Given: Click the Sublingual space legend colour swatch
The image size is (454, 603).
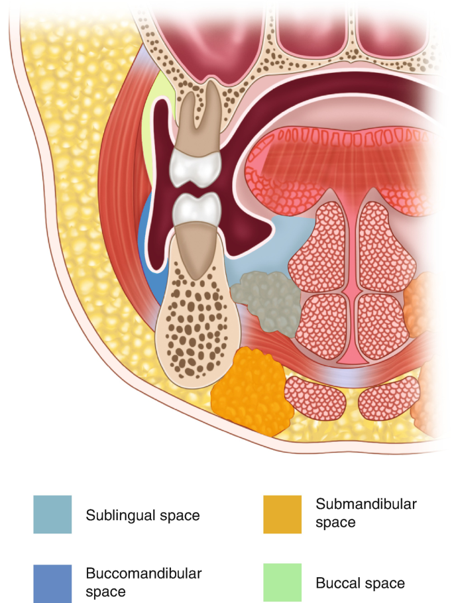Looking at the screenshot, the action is click(52, 514).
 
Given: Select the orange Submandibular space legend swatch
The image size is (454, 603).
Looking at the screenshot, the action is click(282, 514).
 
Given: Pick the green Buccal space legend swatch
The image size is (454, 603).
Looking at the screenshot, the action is click(282, 582).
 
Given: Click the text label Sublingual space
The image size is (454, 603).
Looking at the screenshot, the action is click(142, 515).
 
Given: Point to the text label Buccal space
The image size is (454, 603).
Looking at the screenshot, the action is click(360, 584).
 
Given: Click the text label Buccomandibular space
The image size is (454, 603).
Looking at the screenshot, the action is click(144, 581).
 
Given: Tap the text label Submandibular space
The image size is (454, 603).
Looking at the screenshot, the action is click(366, 513).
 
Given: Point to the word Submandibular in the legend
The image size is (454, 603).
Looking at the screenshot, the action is click(366, 504).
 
